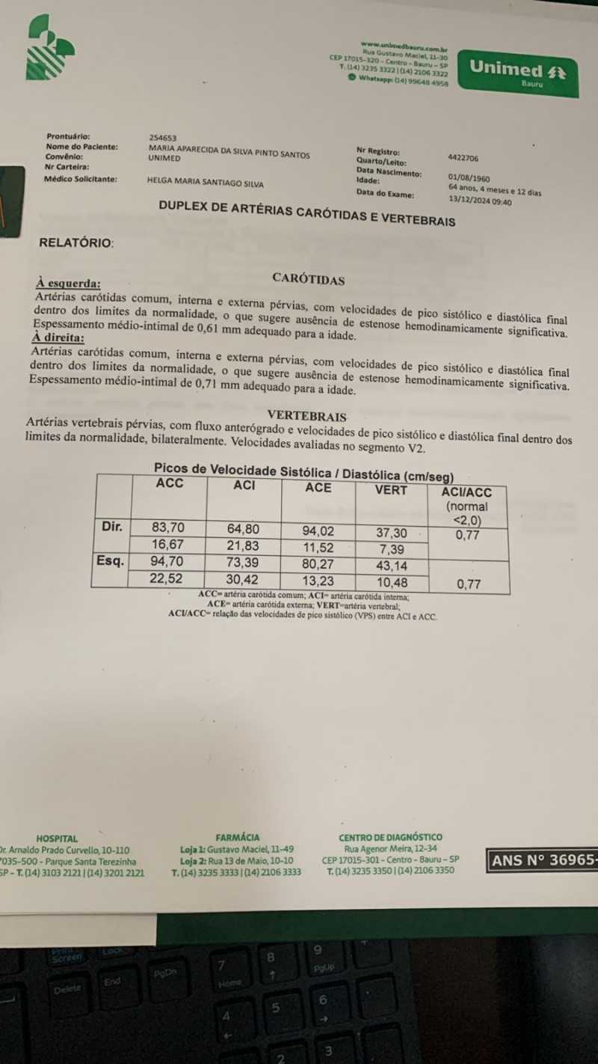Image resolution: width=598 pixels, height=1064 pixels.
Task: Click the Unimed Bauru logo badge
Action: (x=517, y=73)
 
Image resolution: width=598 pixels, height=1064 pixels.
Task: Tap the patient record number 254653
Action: (x=163, y=138)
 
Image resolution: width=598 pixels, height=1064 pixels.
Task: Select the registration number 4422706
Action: (x=463, y=159)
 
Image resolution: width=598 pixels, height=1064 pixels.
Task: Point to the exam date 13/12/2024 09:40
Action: (x=480, y=201)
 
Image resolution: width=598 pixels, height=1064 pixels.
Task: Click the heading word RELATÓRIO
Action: (x=76, y=242)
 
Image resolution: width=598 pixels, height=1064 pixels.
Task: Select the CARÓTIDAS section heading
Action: (x=309, y=280)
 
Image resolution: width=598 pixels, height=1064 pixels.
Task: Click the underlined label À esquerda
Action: (x=68, y=284)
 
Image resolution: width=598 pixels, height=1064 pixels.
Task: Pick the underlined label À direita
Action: (x=58, y=337)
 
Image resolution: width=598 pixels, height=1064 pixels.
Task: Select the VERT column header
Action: (x=391, y=490)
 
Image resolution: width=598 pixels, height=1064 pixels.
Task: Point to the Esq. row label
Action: (x=111, y=560)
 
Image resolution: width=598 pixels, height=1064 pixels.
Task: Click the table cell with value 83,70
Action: (x=168, y=528)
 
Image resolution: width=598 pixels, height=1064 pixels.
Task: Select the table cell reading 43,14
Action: (x=391, y=566)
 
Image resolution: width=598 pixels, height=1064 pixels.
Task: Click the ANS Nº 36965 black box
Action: (x=543, y=860)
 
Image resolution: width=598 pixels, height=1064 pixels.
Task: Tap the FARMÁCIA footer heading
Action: (x=238, y=837)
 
